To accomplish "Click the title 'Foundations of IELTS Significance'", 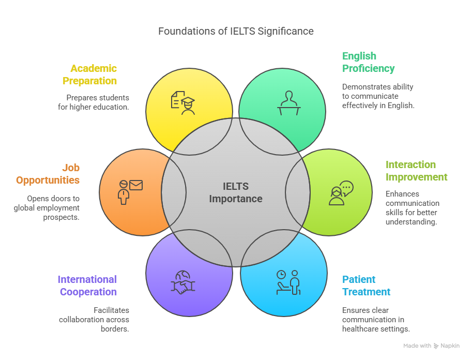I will click(236, 31).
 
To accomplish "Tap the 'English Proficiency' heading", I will click(368, 62).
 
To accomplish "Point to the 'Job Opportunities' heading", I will click(48, 174).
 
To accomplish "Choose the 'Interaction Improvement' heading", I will click(416, 171).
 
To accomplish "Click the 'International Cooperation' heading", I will click(87, 286).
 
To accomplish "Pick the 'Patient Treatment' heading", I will click(366, 286).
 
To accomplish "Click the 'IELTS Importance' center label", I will click(236, 192).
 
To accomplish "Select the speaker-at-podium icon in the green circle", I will click(288, 102).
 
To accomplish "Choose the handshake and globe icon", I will click(182, 282).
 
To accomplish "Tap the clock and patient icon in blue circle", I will click(288, 282).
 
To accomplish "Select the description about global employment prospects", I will click(47, 208).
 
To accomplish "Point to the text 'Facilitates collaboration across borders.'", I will click(94, 319).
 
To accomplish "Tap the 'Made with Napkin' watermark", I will click(431, 346).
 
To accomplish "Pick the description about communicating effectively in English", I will click(378, 96).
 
